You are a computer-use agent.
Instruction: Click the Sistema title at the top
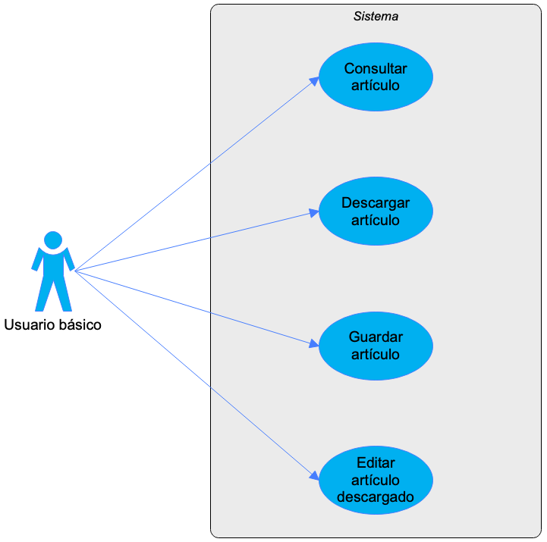(x=376, y=17)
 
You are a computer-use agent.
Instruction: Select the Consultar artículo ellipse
(x=376, y=77)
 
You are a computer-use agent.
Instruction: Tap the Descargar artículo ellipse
(x=376, y=211)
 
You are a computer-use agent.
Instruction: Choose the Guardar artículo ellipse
(x=376, y=346)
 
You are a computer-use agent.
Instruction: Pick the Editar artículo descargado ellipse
(x=376, y=480)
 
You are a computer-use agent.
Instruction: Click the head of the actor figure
(x=53, y=240)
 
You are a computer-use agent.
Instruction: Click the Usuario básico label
(x=52, y=325)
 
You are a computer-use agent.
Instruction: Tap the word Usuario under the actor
(x=30, y=325)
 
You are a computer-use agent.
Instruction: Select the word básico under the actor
(x=80, y=325)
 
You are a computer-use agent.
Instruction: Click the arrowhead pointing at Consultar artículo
(x=314, y=81)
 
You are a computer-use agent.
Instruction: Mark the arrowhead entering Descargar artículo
(x=314, y=212)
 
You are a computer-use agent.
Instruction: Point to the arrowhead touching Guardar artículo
(x=314, y=343)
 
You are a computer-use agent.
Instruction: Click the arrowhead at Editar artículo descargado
(x=314, y=476)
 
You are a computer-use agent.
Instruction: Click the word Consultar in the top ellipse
(x=376, y=69)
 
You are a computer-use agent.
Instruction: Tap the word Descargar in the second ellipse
(x=376, y=203)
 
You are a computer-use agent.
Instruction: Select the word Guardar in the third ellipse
(x=376, y=337)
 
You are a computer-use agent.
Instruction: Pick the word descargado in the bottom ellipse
(x=376, y=497)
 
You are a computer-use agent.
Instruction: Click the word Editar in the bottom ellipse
(x=376, y=463)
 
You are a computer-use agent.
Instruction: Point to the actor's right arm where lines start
(x=70, y=260)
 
